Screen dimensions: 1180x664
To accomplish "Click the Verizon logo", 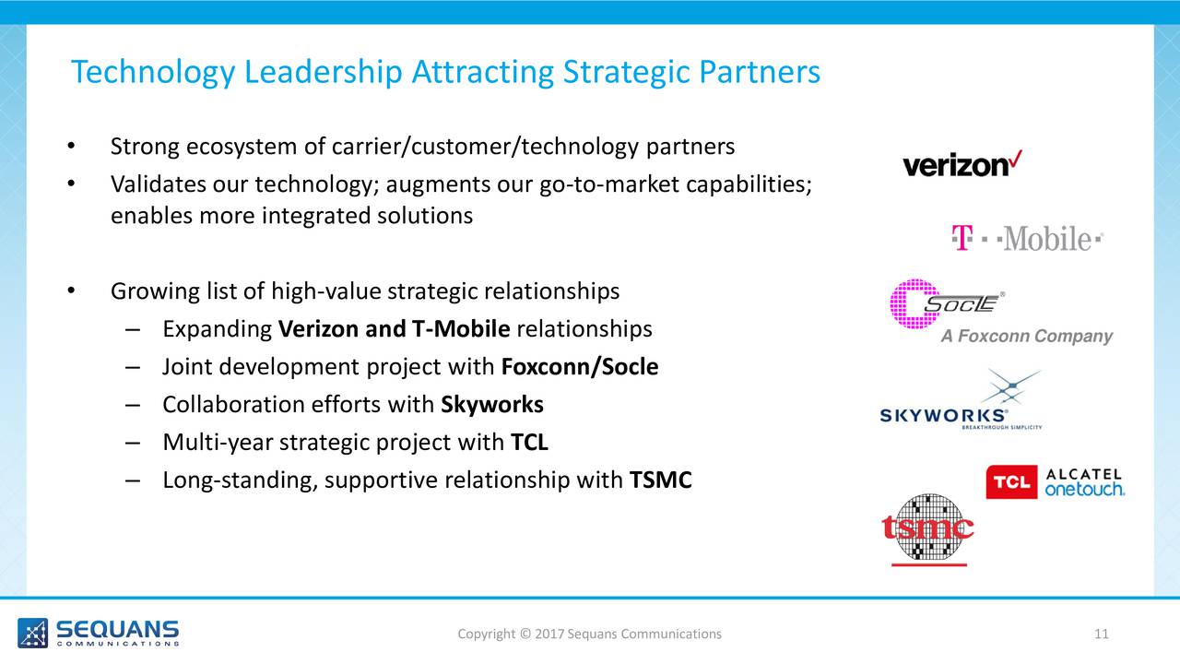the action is (962, 164).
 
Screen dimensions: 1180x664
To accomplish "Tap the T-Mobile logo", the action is (1027, 238).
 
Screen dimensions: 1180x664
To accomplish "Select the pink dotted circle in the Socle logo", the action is (914, 304).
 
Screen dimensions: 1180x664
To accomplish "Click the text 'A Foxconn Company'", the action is (1027, 336).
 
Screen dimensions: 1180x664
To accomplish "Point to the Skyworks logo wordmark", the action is (944, 416).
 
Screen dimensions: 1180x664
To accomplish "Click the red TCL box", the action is (1011, 481).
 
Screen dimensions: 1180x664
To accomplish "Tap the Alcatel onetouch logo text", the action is (1085, 482).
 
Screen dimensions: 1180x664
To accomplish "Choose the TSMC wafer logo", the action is (927, 529).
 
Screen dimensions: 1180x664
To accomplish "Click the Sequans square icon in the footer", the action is (32, 633).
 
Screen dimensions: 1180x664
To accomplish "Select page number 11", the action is (1101, 634).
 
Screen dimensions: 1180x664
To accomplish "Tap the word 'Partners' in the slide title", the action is (760, 72).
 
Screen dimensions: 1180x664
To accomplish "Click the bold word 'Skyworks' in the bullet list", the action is (492, 405).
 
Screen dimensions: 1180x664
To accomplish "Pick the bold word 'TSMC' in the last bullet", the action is (661, 480).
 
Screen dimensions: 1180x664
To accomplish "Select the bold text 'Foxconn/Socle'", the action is (580, 367).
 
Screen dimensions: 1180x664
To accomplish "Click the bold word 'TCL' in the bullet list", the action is (529, 442).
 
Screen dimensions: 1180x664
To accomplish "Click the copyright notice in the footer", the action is (589, 634).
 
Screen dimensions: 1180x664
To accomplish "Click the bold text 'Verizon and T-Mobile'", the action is (394, 329).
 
